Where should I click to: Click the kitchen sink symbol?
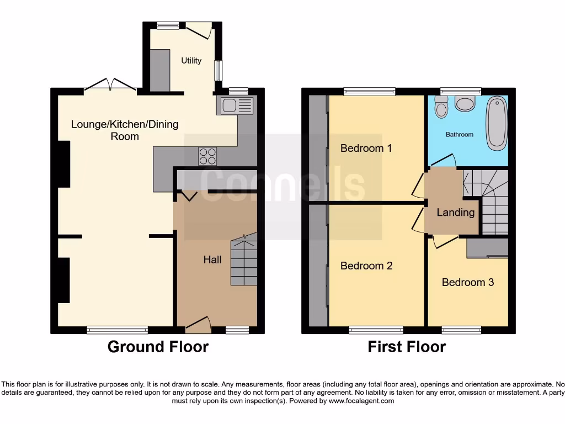point(236,105)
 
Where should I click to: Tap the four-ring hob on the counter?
point(208,156)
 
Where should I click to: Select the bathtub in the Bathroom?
point(497,123)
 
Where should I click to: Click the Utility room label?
point(191,61)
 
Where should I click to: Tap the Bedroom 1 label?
point(366,148)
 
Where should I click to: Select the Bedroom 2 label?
point(366,266)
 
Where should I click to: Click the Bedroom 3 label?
point(468,282)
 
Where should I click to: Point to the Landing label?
point(455,212)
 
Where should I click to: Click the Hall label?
point(212,259)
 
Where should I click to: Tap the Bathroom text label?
point(460,134)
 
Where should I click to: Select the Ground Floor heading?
point(158,347)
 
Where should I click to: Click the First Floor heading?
point(407,347)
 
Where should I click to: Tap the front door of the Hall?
point(198,324)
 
